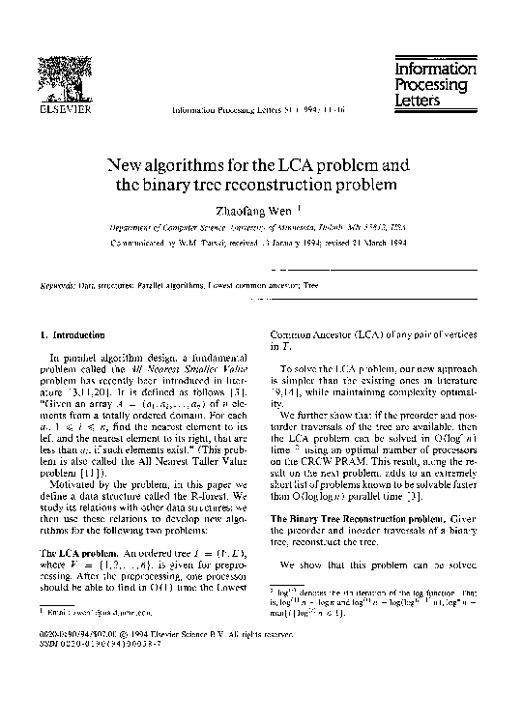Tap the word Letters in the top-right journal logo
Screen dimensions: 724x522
[x=418, y=100]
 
